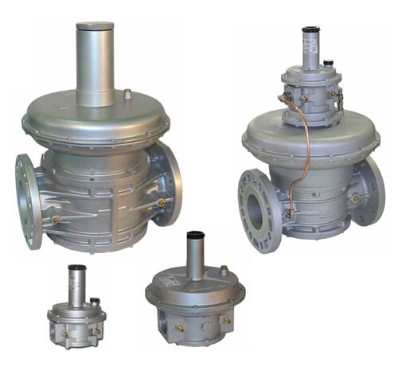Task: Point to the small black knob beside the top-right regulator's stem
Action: pyautogui.click(x=328, y=60)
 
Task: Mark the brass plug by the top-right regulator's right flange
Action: pyautogui.click(x=355, y=198)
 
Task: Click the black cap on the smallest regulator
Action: pyautogui.click(x=76, y=268)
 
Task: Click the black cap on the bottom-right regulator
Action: pyautogui.click(x=194, y=236)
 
